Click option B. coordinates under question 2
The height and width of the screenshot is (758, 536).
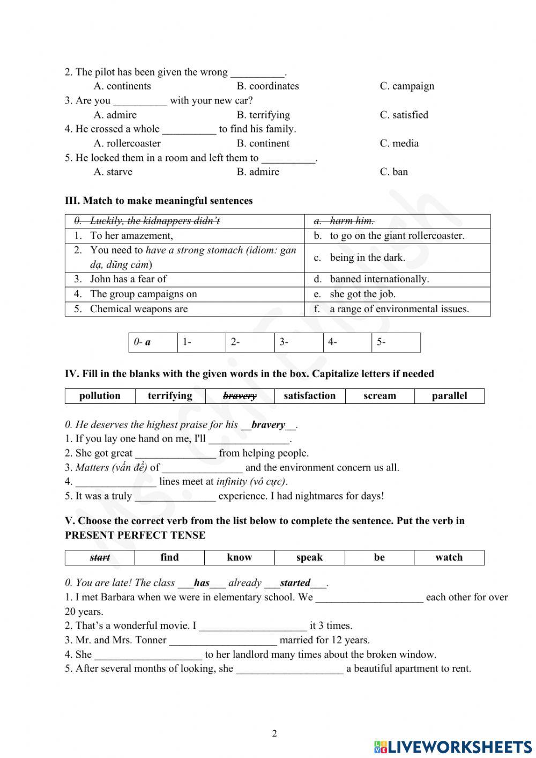267,86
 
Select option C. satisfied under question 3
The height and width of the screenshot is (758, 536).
404,115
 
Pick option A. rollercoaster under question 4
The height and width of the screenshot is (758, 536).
127,143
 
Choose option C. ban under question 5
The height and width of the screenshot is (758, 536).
393,172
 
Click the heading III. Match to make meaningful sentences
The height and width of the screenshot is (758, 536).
159,201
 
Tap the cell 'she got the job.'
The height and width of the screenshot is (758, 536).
362,294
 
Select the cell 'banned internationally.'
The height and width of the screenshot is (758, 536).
379,279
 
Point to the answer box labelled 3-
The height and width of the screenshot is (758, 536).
299,342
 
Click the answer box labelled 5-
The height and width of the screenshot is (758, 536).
396,342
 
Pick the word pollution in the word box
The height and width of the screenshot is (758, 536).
100,396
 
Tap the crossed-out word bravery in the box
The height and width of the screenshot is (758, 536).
240,396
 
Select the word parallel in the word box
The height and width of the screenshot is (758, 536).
449,396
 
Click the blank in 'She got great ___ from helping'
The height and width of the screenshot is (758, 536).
175,454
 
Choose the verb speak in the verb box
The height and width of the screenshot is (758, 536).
309,557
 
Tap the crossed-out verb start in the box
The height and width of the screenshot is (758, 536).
100,557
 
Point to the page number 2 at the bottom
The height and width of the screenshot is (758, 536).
274,733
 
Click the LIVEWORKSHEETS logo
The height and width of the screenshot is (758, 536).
453,746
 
